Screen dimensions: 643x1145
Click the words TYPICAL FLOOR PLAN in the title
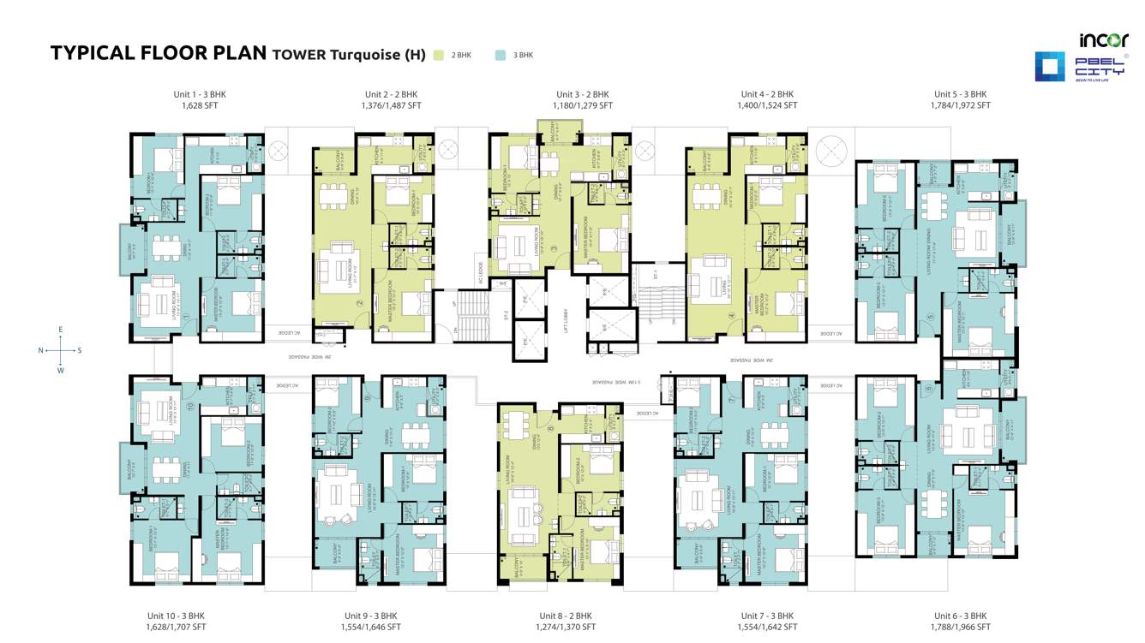tap(159, 53)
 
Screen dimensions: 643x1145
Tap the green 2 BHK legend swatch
tap(439, 55)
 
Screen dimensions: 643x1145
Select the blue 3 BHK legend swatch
tap(501, 55)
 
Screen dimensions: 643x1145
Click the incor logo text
tap(1104, 40)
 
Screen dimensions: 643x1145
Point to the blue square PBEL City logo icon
tap(1050, 67)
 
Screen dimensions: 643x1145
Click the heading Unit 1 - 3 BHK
tap(200, 94)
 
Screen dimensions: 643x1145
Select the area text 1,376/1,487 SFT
tap(391, 106)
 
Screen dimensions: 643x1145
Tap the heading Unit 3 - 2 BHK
tap(582, 94)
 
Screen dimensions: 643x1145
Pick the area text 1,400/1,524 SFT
tap(767, 106)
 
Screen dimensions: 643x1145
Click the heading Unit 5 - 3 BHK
tap(960, 94)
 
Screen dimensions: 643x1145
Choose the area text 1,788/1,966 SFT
tap(960, 628)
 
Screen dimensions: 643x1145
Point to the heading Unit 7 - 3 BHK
tap(767, 616)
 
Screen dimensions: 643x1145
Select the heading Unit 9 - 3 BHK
tap(370, 616)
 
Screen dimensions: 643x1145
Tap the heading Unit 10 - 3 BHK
tap(177, 616)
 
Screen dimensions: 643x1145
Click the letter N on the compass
tap(41, 350)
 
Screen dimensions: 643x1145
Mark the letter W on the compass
tap(60, 371)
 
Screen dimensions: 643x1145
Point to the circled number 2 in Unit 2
tap(361, 302)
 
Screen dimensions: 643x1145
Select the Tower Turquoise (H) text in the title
tap(348, 55)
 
